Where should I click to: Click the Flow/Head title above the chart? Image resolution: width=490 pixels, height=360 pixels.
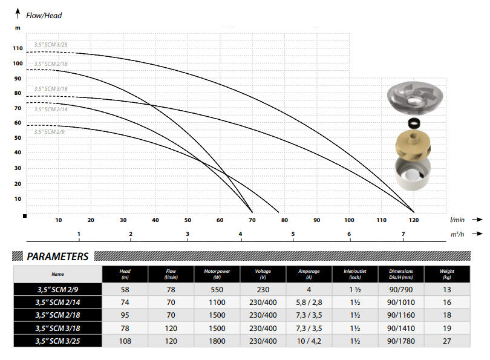44,15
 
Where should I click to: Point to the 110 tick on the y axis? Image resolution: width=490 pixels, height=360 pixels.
18,48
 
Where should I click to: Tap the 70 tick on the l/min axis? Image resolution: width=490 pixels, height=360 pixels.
252,220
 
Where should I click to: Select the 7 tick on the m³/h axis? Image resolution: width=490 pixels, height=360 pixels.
403,234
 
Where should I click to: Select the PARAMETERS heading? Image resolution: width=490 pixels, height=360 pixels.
57,257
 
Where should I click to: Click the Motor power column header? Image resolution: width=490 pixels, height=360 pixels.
214,274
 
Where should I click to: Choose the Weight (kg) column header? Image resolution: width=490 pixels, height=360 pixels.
447,274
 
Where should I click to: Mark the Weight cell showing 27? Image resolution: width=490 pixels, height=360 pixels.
447,341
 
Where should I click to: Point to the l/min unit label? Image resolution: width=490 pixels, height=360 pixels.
457,220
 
